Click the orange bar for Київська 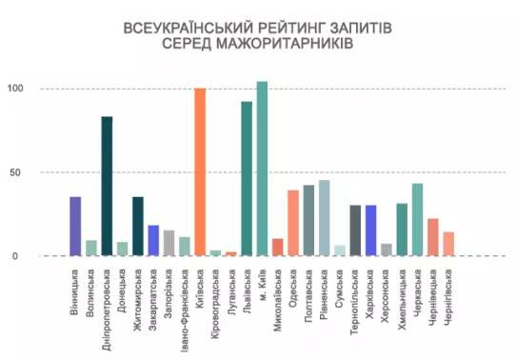200,171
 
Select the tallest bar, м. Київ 262,169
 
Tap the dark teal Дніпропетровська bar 107,186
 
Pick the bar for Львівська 247,179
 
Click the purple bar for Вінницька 75,226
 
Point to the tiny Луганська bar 231,253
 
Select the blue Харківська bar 371,230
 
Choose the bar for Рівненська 324,218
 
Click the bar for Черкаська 418,219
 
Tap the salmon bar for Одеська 293,223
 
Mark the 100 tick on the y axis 15,89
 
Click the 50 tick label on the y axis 15,172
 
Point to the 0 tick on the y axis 15,256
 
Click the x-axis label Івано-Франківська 185,310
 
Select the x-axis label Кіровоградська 215,300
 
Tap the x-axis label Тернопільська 354,302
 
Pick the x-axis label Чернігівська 447,297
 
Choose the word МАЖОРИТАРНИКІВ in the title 285,44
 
